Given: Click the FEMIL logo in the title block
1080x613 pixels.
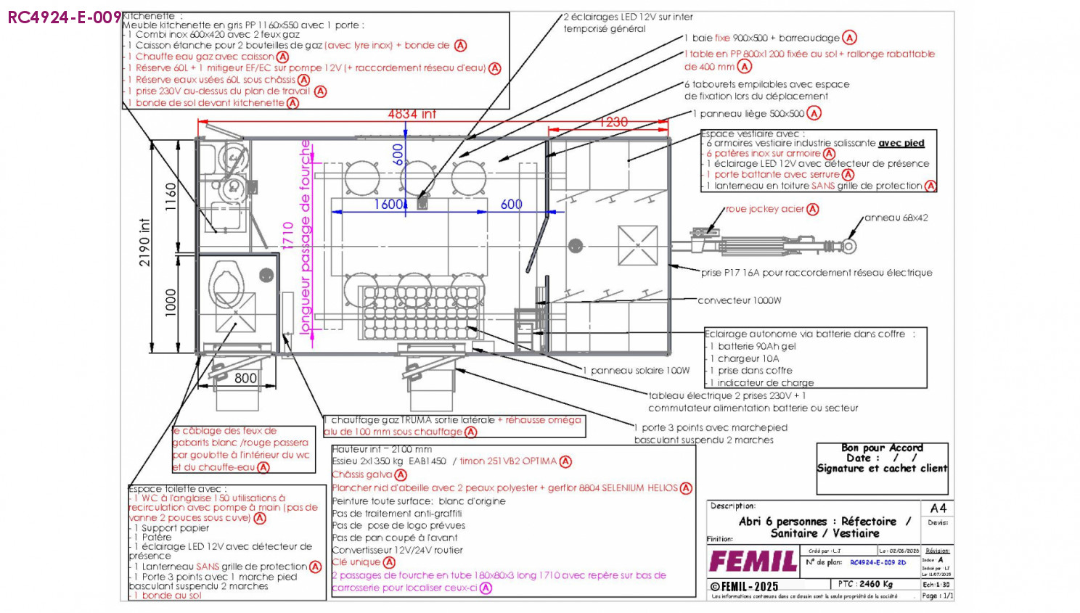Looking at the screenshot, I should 753,561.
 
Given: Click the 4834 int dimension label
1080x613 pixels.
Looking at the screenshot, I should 412,114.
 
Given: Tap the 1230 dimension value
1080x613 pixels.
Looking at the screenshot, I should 613,122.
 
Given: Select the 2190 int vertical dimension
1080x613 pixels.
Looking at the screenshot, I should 144,242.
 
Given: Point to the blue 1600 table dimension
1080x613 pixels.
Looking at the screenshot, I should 389,205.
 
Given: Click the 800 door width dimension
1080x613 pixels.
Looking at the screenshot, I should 245,378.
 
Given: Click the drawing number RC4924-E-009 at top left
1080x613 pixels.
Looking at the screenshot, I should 64,17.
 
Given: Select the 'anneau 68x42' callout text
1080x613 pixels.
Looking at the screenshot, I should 895,218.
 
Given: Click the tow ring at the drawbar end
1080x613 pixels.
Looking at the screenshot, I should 848,246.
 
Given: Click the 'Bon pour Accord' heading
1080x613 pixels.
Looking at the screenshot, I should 882,448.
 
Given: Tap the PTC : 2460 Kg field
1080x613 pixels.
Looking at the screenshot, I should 865,584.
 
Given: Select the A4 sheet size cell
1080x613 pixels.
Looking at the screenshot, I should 938,509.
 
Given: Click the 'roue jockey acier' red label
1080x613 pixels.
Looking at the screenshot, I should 764,209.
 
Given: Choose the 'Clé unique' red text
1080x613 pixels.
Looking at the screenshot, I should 356,562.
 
